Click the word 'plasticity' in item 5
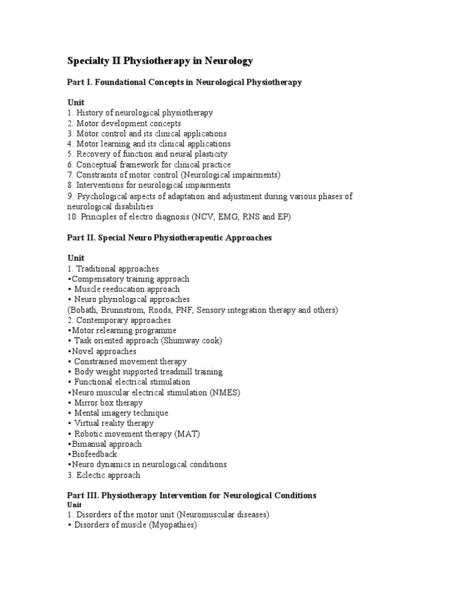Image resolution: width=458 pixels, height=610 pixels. [x=208, y=154]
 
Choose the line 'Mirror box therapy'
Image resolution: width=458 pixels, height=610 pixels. [x=109, y=403]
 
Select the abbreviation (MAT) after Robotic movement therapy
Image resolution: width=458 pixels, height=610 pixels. [x=188, y=434]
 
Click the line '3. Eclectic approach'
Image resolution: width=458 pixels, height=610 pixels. [x=104, y=475]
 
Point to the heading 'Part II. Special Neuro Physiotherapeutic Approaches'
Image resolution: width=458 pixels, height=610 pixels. [x=169, y=237]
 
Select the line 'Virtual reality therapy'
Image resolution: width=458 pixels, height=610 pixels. [x=114, y=423]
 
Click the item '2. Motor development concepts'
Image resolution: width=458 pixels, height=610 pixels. [x=124, y=123]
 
